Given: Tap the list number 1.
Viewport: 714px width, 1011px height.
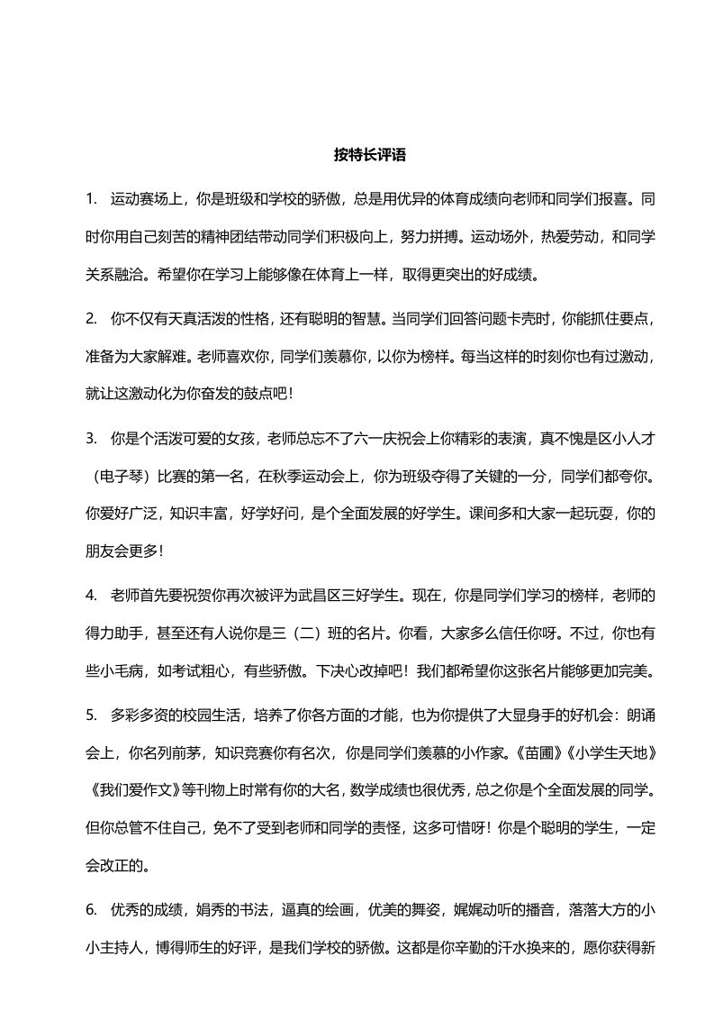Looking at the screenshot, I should point(90,196).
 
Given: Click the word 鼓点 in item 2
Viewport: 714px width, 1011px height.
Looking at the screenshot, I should point(243,393).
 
